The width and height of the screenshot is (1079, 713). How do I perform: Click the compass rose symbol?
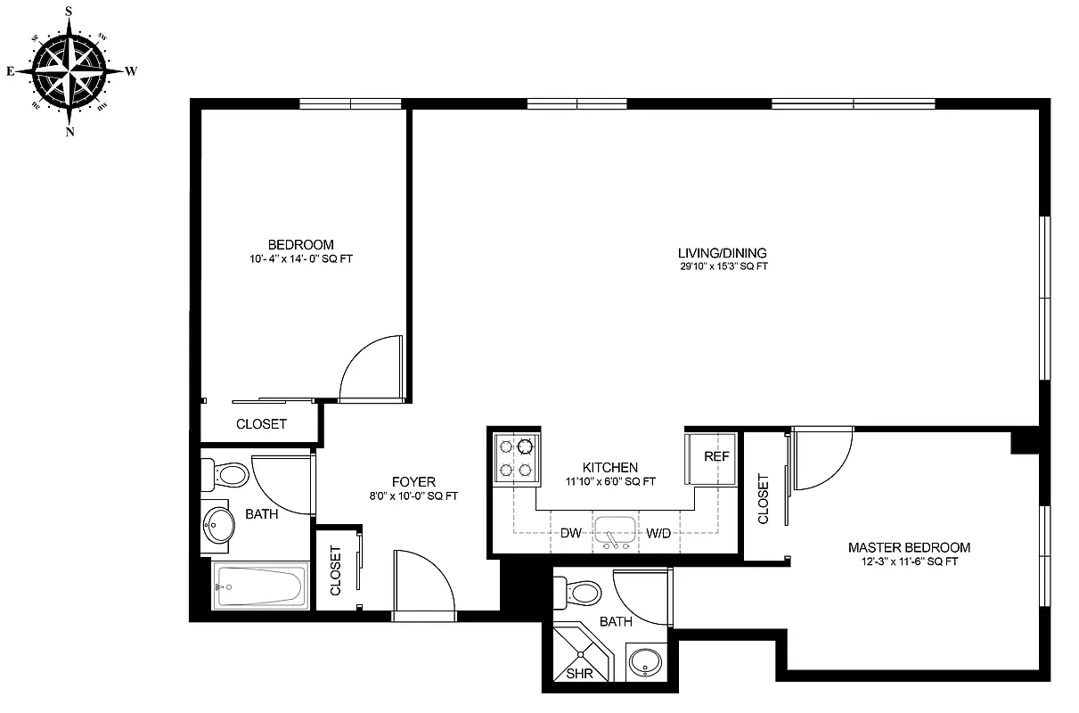69,70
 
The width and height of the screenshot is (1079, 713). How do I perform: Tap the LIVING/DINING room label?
722,252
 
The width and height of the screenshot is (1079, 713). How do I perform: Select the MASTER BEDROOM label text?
909,547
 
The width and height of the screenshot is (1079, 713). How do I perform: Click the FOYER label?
413,482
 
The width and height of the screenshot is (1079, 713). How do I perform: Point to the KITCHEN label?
609,467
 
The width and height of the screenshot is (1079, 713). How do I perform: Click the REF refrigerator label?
716,456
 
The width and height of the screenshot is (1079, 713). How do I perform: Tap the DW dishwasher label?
571,534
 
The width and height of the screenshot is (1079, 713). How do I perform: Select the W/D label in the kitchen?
658,534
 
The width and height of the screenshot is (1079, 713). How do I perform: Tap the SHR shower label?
579,674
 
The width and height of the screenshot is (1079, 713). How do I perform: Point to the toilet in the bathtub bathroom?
226,473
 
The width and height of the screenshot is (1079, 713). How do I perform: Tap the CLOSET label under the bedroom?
261,424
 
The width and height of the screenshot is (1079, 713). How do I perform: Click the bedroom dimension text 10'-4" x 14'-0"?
301,259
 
